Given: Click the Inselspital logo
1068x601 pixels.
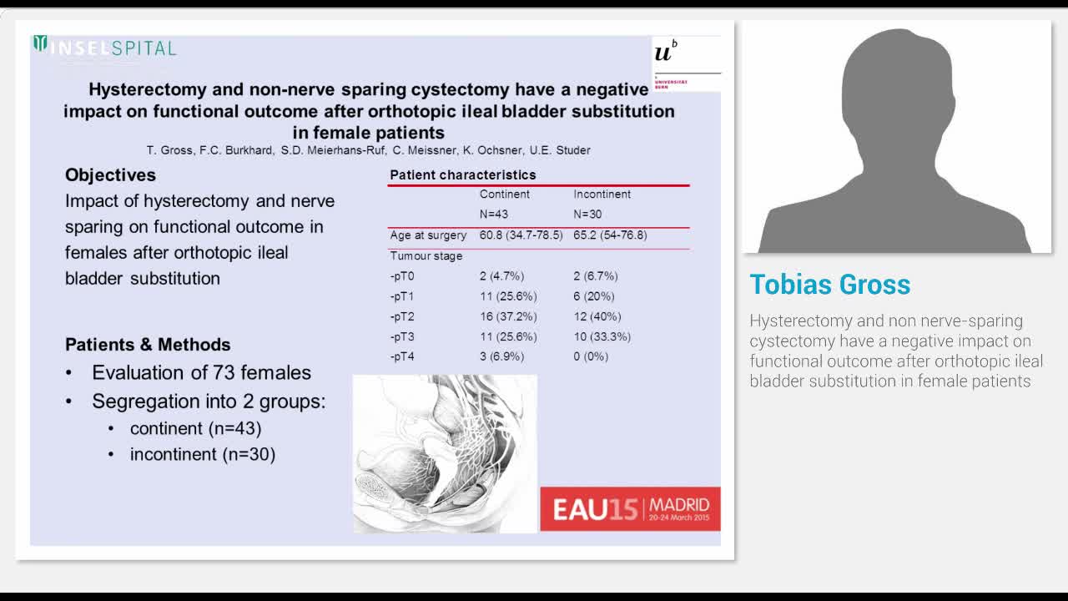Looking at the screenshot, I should [105, 47].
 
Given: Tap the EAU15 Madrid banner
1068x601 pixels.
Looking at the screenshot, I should [630, 508].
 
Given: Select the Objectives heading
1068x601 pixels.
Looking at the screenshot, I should [110, 175].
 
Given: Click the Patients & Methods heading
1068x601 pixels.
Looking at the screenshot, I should [148, 345].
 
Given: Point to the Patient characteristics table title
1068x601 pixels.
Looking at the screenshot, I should [462, 175].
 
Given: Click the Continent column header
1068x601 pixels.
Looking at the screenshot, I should [504, 194].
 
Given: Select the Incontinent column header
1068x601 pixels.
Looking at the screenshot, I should [602, 194].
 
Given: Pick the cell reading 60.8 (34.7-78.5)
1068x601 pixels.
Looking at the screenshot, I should [521, 235].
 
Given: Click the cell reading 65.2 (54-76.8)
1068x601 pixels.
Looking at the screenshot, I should [610, 235].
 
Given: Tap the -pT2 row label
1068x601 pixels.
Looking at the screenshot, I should [402, 317].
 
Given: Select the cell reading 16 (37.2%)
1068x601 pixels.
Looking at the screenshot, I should [507, 317].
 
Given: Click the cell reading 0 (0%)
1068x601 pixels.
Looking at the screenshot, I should [591, 356].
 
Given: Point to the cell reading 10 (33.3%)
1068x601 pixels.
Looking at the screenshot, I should [602, 337].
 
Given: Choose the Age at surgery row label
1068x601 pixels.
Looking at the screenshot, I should [428, 235].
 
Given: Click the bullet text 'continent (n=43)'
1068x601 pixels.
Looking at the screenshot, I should [195, 428].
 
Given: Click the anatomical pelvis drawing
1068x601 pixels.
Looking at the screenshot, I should [445, 453].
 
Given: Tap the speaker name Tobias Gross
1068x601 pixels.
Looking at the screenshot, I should [829, 285].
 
